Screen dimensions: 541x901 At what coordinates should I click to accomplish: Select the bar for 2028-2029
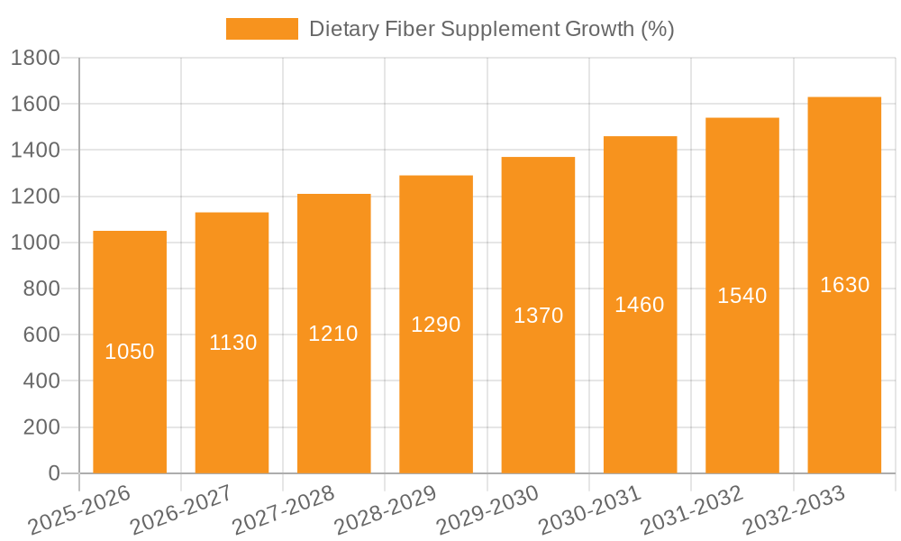point(436,397)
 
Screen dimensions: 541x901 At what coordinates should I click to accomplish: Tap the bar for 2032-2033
point(844,379)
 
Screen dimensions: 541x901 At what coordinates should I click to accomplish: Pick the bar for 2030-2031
point(640,388)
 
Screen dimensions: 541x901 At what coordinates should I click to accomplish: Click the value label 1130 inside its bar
point(233,343)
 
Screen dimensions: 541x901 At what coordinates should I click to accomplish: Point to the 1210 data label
point(333,334)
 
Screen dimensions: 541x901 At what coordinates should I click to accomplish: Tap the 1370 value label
point(539,316)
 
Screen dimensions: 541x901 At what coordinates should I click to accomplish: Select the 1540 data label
point(742,296)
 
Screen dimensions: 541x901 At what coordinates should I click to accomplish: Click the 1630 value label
point(845,285)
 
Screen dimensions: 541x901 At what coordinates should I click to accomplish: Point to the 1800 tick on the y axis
point(35,59)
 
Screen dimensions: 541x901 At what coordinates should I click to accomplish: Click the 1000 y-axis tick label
point(35,243)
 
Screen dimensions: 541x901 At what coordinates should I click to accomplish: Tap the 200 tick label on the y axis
point(41,427)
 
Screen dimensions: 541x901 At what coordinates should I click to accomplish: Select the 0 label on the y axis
point(54,473)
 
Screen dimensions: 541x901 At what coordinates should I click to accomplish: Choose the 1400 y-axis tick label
point(35,151)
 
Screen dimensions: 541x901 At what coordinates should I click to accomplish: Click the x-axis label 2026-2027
point(181,510)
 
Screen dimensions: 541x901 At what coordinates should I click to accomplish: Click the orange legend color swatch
point(261,29)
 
